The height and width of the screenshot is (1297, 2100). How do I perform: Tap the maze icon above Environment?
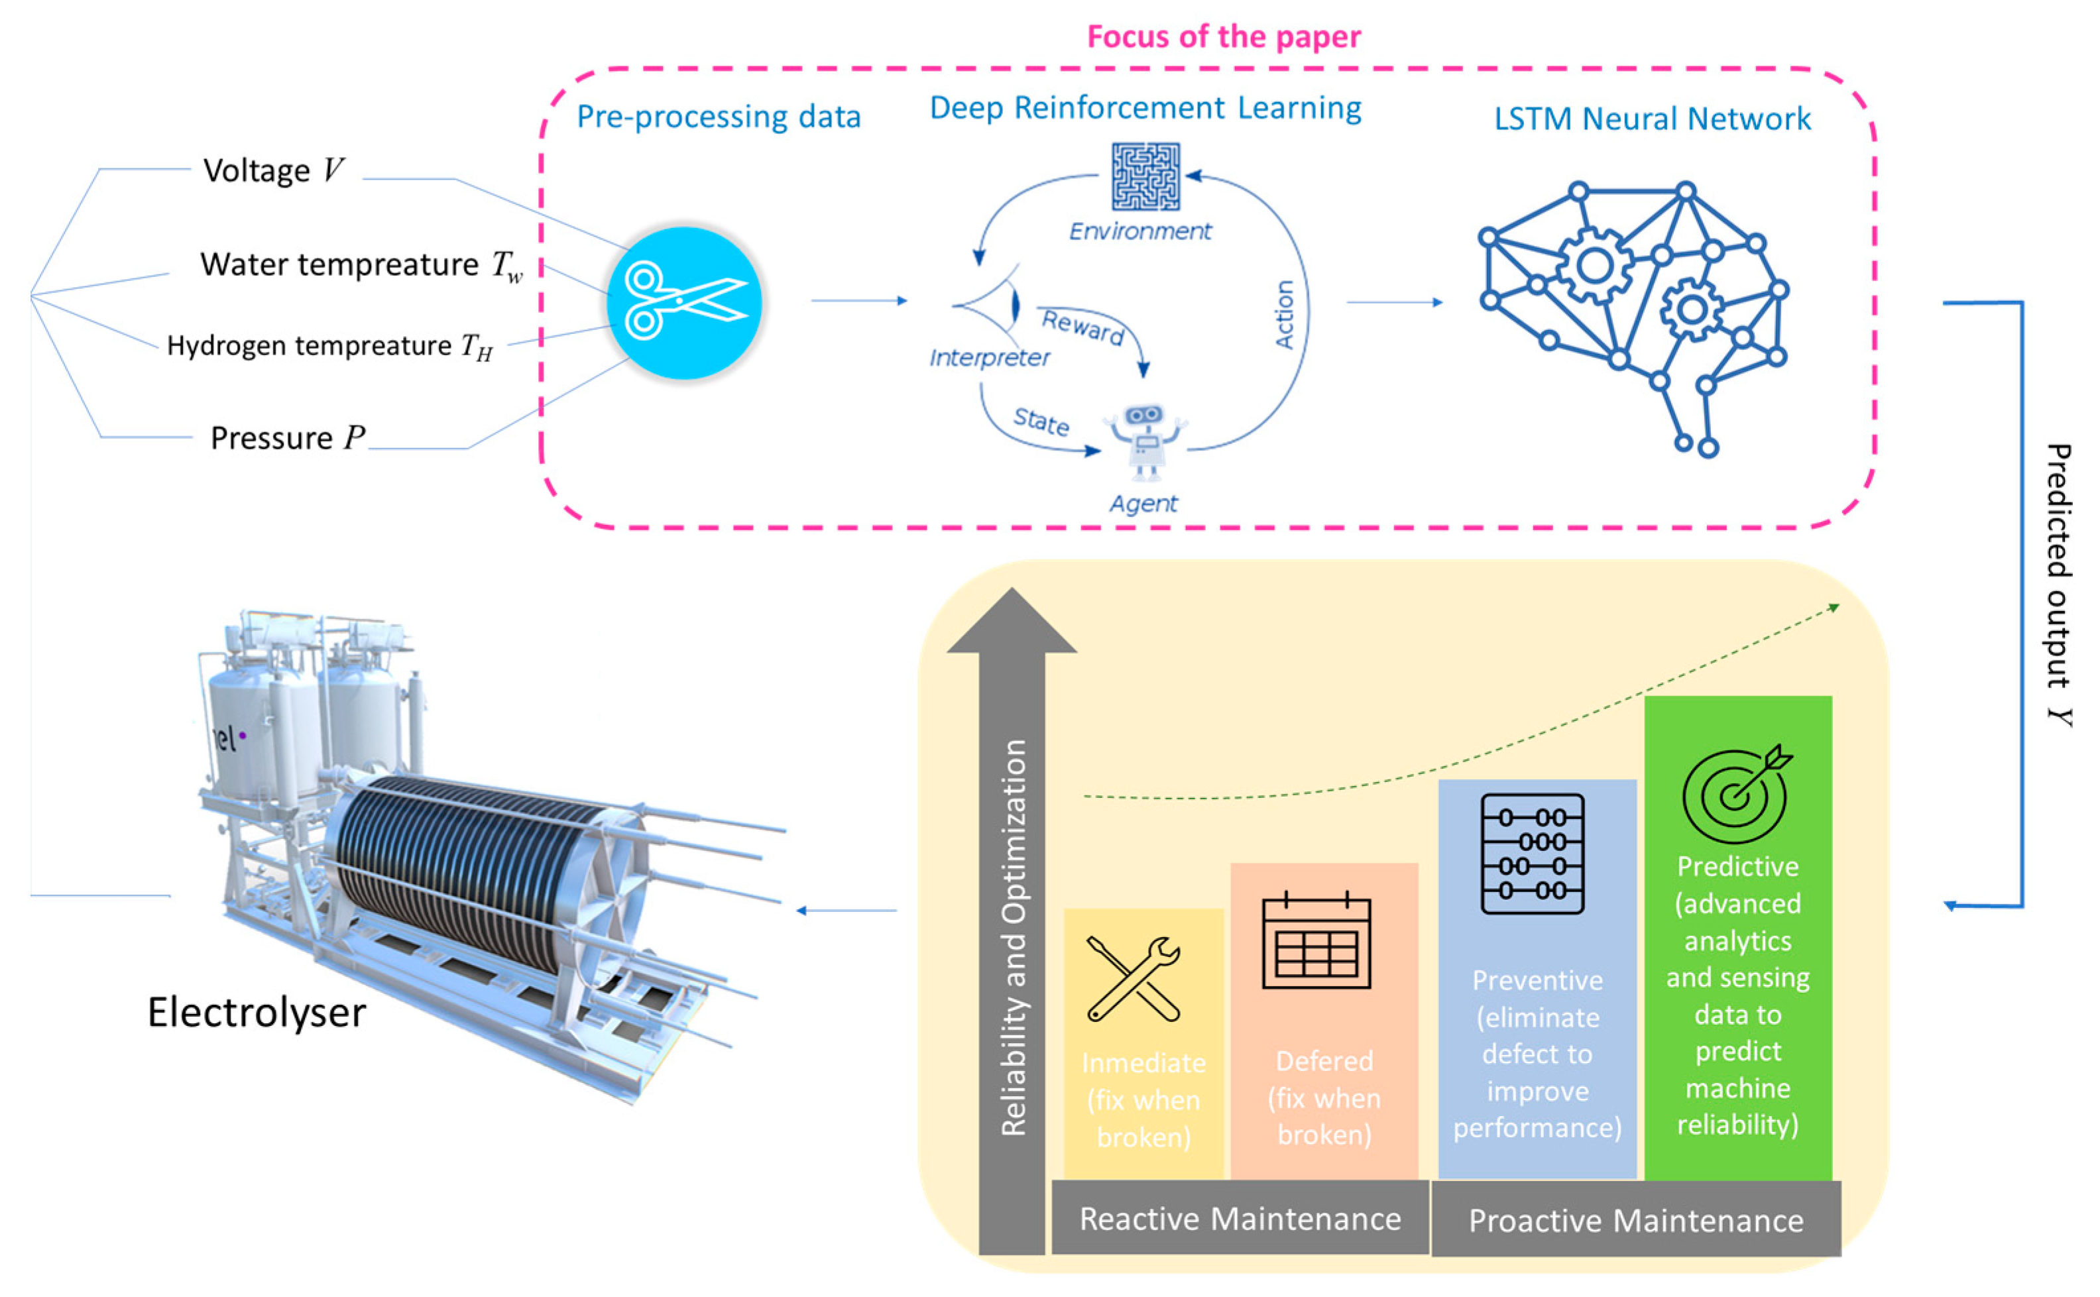(x=1145, y=177)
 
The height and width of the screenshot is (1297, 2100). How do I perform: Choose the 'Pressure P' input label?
(x=288, y=437)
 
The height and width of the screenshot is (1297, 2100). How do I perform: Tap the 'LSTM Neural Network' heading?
(x=1651, y=119)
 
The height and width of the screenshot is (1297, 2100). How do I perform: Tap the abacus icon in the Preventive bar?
(x=1532, y=854)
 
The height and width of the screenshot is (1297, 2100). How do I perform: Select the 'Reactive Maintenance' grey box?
(x=1240, y=1218)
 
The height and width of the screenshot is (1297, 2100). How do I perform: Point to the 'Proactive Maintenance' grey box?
(x=1635, y=1220)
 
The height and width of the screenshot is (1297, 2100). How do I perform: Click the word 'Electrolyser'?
(x=257, y=1012)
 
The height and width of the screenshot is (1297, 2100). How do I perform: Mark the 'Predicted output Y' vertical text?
(x=2059, y=583)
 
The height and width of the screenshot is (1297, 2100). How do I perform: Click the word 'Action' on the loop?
(x=1284, y=314)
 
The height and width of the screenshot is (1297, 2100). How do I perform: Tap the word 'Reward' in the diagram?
(x=1082, y=327)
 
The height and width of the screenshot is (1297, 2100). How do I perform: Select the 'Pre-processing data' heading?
(x=718, y=117)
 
